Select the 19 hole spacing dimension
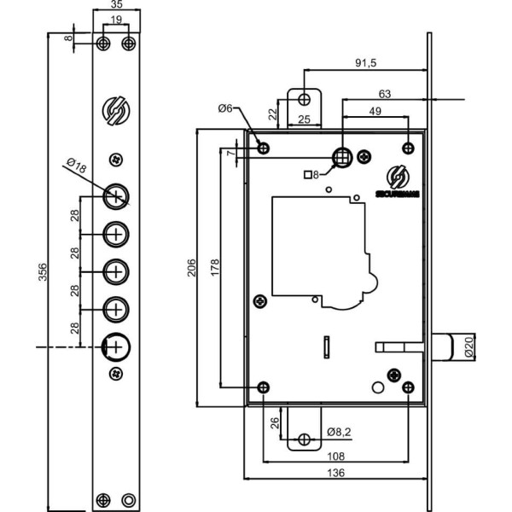click(116, 20)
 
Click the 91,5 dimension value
click(369, 62)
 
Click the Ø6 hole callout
click(226, 108)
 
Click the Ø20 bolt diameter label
click(468, 347)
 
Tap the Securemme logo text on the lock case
click(398, 195)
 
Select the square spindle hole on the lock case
click(342, 155)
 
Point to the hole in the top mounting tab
click(304, 99)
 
